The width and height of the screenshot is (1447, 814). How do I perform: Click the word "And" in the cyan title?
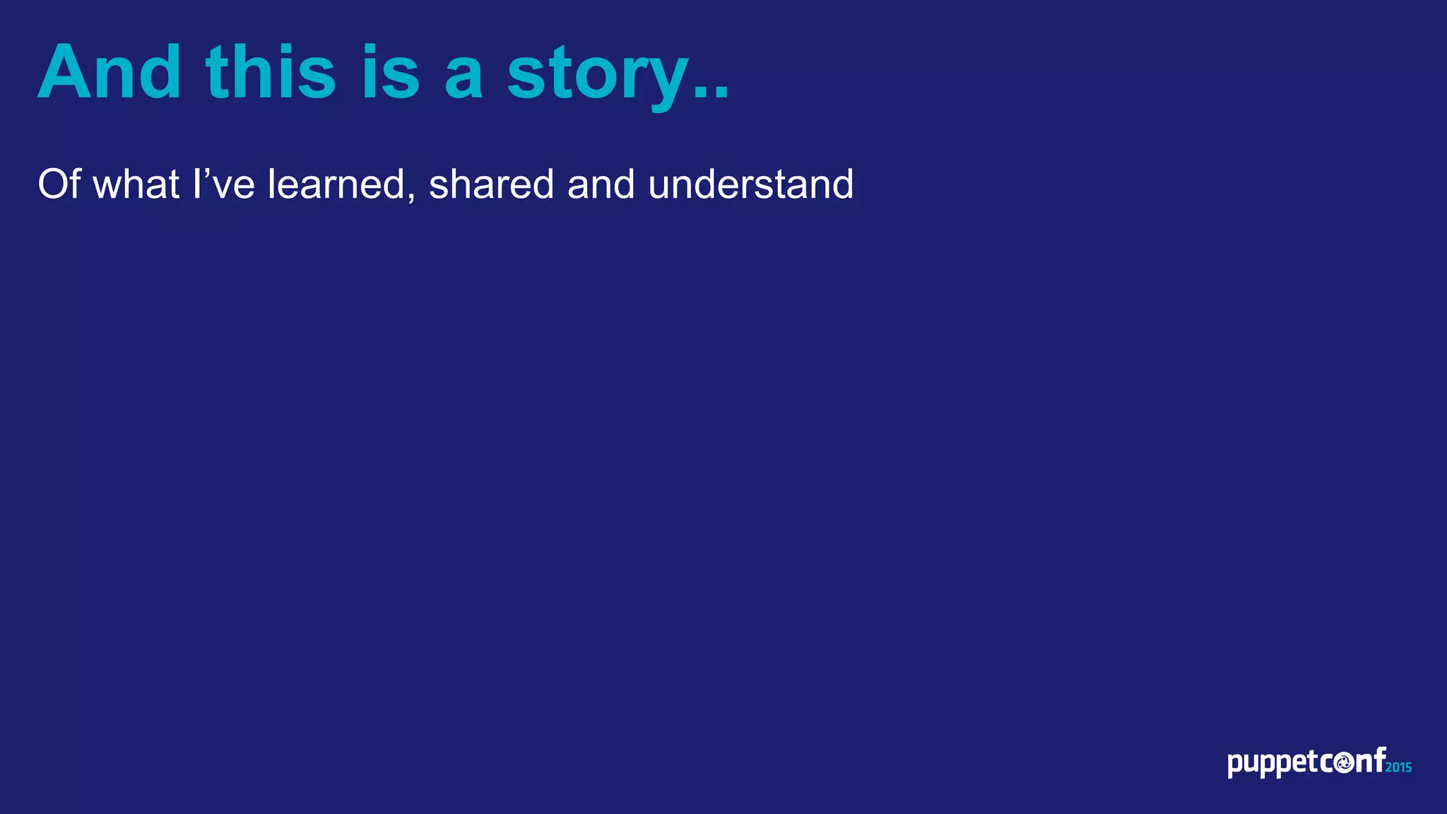pyautogui.click(x=110, y=72)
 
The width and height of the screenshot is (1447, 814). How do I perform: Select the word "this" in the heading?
pyautogui.click(x=271, y=72)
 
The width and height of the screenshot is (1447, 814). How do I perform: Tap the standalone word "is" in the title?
pyautogui.click(x=391, y=72)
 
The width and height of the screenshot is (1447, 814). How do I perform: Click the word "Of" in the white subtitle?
pyautogui.click(x=59, y=184)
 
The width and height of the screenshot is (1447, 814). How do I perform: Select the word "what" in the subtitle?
pyautogui.click(x=136, y=184)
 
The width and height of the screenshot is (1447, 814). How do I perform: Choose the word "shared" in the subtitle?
pyautogui.click(x=491, y=184)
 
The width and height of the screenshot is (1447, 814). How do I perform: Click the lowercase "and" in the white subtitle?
pyautogui.click(x=601, y=184)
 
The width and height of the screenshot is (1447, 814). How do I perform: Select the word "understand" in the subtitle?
pyautogui.click(x=750, y=184)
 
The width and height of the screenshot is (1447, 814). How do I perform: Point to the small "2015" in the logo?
pyautogui.click(x=1399, y=767)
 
